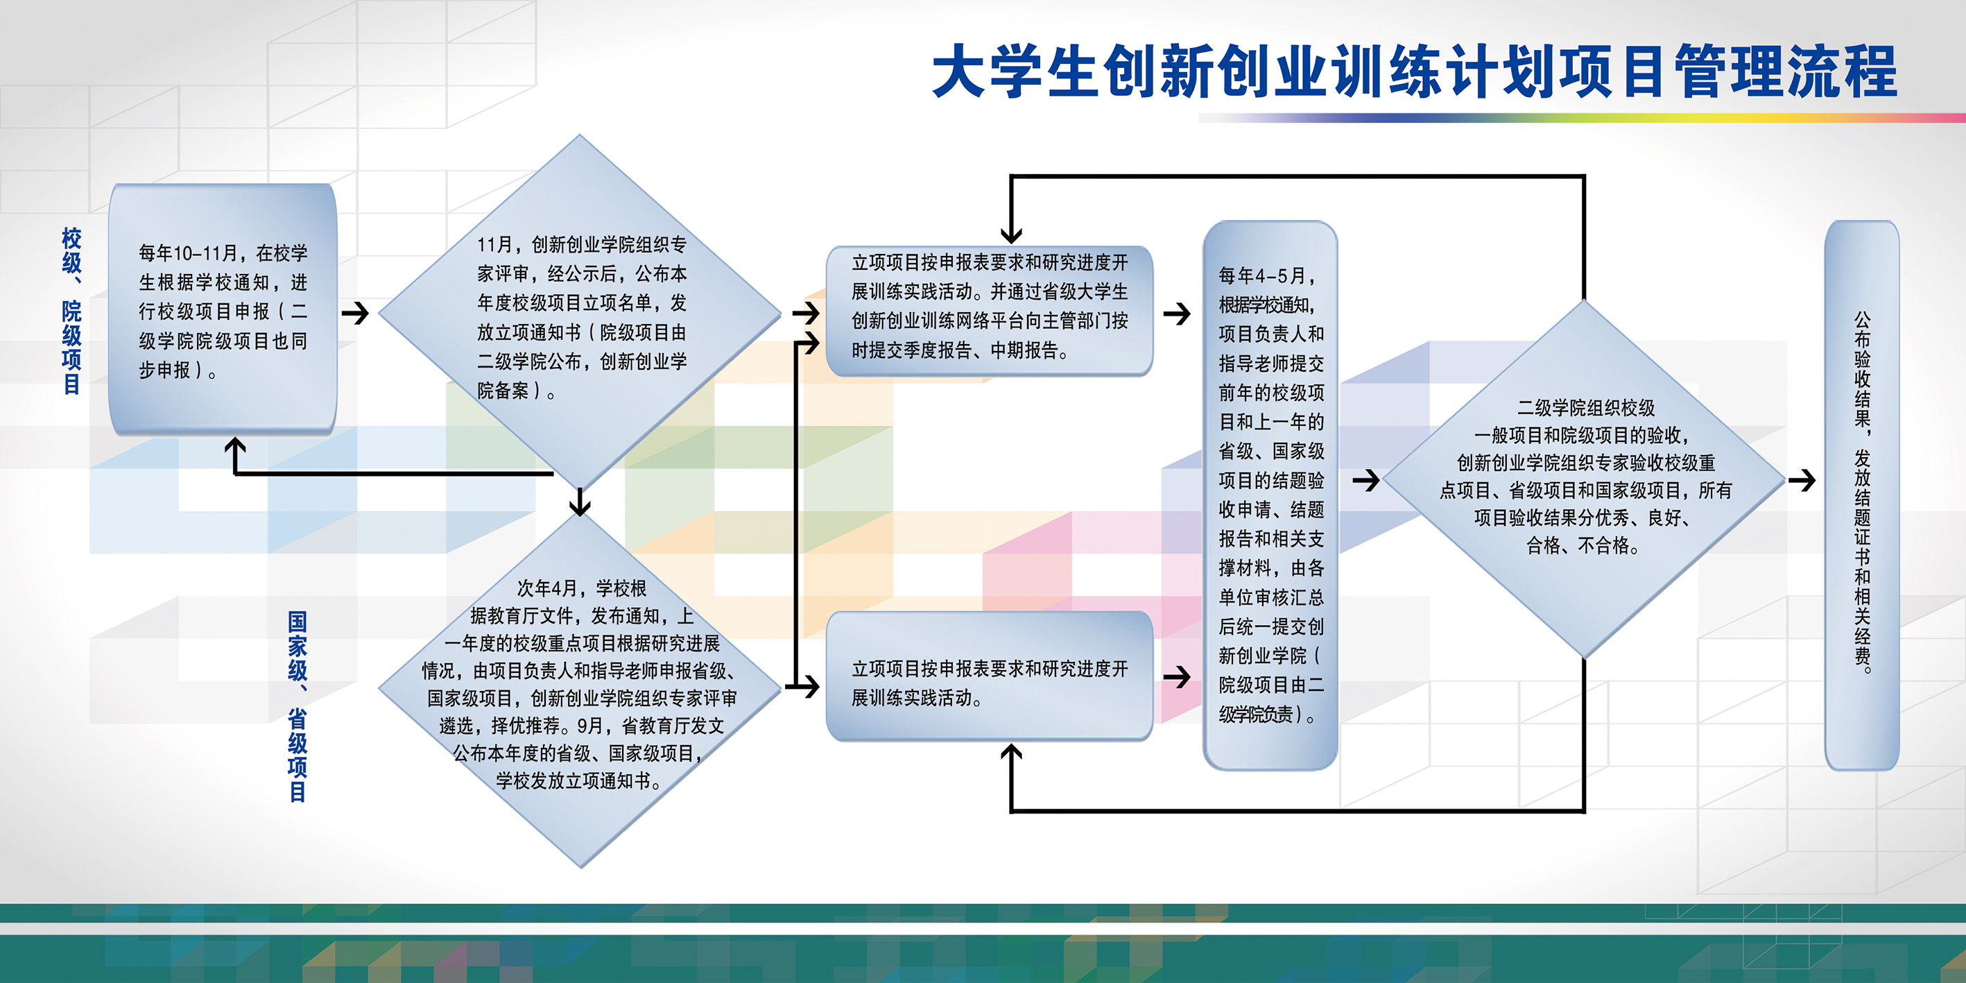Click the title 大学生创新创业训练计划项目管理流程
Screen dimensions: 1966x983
tap(1414, 71)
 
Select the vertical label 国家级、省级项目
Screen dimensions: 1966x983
tap(298, 707)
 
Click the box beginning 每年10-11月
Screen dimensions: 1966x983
tap(223, 309)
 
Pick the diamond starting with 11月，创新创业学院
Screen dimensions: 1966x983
tap(580, 313)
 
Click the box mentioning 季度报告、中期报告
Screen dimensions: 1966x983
tap(989, 311)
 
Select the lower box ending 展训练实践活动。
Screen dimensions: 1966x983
tap(989, 676)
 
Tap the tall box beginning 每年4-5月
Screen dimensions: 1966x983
tap(1270, 495)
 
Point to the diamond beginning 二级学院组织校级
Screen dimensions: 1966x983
tap(1585, 479)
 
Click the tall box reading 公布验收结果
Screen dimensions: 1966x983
tap(1862, 495)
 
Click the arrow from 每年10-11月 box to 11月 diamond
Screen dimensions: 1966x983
tap(356, 313)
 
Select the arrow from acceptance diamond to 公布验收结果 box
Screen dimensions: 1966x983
tap(1802, 480)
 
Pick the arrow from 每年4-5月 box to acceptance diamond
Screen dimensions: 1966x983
tap(1366, 480)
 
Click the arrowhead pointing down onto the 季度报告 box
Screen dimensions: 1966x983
tap(1011, 234)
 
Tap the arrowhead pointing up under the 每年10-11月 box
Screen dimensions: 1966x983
tap(235, 447)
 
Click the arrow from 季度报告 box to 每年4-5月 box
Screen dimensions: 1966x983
tap(1178, 313)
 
